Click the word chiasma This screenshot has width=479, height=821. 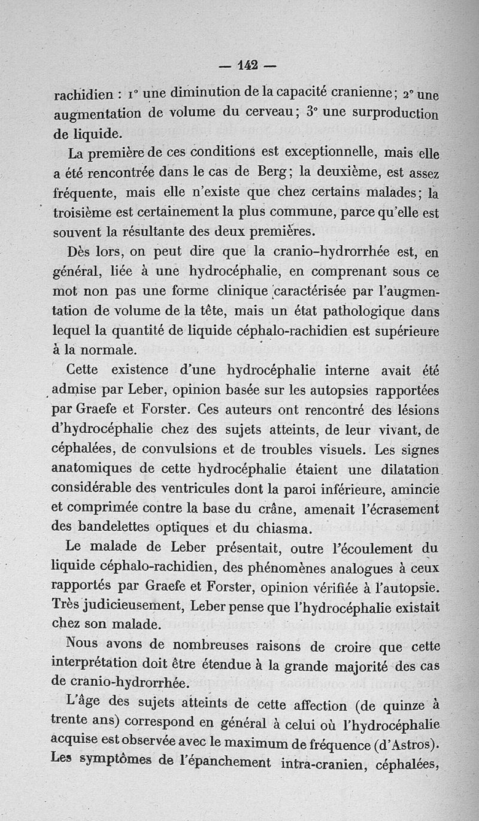283,528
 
